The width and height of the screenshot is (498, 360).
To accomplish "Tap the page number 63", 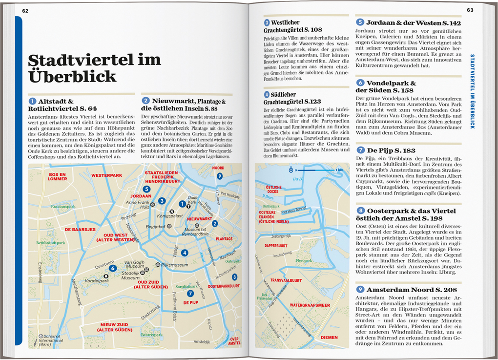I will (470, 10).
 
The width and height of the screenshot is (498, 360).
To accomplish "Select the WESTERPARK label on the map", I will (106, 174).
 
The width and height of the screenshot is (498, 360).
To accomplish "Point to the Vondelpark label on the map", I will (97, 281).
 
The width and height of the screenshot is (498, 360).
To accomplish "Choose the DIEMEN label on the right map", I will (330, 337).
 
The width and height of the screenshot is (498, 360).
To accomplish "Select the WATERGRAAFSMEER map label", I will (310, 305).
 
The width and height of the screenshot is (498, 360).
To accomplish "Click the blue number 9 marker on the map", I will (220, 176).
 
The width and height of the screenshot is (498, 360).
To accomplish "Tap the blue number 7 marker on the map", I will (189, 294).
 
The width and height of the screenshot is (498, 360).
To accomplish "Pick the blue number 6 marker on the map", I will (112, 268).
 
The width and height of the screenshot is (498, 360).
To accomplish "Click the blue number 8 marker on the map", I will (235, 277).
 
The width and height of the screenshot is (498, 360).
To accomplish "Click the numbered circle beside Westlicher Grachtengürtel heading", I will (267, 22).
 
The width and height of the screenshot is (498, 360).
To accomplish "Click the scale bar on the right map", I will (317, 170).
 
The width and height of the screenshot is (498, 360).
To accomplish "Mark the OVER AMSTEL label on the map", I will (235, 340).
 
